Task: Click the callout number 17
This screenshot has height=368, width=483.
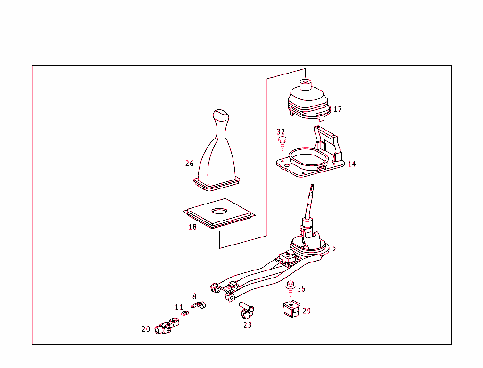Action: (338, 109)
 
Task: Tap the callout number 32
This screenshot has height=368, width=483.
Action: (281, 131)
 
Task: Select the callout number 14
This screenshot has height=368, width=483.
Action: (352, 164)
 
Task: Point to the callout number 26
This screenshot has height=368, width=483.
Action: (190, 164)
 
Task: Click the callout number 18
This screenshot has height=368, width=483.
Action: (192, 227)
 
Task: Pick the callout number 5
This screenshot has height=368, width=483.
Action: (334, 248)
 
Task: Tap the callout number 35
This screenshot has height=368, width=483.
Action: (301, 289)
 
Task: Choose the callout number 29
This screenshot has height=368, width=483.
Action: (307, 311)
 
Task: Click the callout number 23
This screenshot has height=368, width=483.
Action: (247, 325)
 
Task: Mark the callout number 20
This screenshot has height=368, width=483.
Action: (146, 329)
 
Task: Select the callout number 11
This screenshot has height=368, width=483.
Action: (179, 307)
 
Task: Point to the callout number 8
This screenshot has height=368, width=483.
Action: (194, 296)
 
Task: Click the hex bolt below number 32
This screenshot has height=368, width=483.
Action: (282, 143)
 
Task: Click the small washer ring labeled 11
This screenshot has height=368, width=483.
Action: (185, 313)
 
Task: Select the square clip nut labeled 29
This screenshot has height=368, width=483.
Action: (291, 309)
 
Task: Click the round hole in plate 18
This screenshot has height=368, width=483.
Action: (219, 211)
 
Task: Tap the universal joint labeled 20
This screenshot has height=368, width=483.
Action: (167, 326)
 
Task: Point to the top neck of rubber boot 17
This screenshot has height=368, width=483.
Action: (305, 85)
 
